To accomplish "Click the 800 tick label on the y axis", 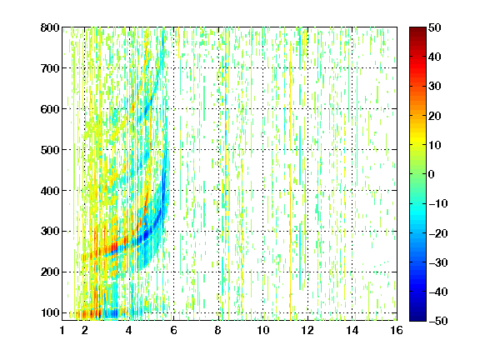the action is pos(50,27).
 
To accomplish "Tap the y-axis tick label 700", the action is pos(50,68).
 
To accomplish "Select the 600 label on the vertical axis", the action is pos(50,109).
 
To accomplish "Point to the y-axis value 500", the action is pos(50,150).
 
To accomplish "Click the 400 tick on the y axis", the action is pos(50,191).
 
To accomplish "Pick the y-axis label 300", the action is pos(50,231).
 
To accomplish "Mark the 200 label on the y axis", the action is pos(50,272).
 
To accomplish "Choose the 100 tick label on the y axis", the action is pos(50,312).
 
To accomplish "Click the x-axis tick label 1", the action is pos(62,330).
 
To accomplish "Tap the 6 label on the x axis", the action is pos(174,330).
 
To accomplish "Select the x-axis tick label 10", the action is pos(263,330).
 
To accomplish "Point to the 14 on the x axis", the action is pos(352,330).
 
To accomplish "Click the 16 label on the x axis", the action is pos(397,330).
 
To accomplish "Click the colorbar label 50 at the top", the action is pos(435,27).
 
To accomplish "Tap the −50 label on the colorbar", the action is pos(438,321).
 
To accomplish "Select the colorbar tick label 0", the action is pos(432,174).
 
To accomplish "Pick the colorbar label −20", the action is pos(438,233).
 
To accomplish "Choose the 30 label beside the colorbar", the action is pos(435,87).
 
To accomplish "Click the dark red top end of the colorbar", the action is pos(417,28).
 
